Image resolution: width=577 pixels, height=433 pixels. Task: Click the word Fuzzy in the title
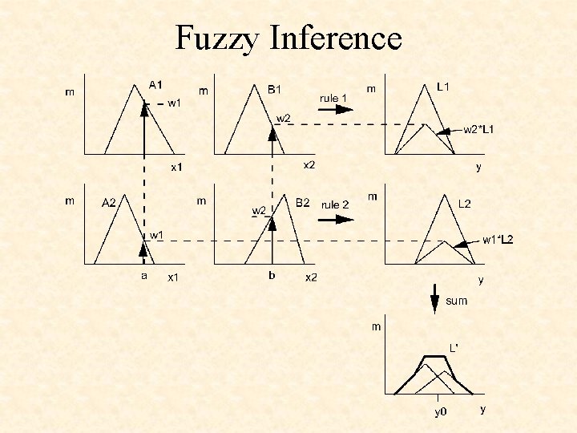click(215, 37)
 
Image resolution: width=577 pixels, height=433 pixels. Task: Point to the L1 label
click(442, 84)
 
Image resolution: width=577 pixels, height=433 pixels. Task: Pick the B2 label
click(303, 203)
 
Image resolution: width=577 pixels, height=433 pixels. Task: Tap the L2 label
click(464, 204)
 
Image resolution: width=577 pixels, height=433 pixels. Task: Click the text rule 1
click(333, 97)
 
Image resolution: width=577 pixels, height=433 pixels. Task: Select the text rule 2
click(335, 204)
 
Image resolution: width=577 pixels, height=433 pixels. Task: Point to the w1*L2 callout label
click(498, 240)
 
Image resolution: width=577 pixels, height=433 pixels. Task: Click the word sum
click(457, 301)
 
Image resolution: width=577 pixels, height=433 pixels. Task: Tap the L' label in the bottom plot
click(454, 347)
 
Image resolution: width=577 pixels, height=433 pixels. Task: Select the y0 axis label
click(439, 413)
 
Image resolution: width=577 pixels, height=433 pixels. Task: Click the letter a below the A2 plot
click(144, 275)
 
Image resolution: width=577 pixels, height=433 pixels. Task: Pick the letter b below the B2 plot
click(272, 275)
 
